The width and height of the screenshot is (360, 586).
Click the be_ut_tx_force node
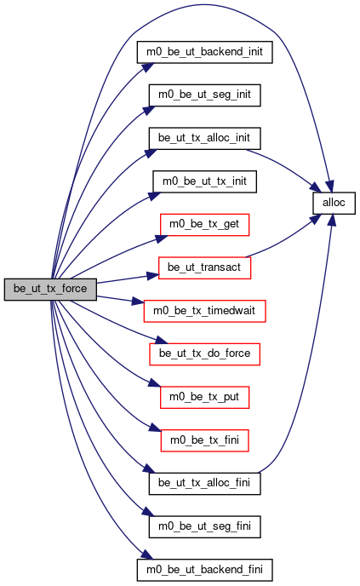50,290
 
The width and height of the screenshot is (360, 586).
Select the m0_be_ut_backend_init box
204,52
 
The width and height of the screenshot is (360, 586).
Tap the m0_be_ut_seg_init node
204,95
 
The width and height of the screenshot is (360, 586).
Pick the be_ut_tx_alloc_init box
204,139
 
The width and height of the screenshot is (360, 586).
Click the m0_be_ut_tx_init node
204,182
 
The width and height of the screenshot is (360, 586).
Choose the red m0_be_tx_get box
204,225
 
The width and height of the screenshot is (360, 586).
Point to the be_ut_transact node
204,268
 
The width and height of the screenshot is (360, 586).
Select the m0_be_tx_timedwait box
204,311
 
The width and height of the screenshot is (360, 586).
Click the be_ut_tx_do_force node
204,354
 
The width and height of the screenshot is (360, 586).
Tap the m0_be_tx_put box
204,398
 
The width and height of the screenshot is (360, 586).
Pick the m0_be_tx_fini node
204,440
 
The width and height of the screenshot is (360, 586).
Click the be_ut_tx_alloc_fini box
204,484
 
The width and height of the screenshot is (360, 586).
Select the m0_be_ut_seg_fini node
204,527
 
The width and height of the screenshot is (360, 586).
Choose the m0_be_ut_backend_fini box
204,571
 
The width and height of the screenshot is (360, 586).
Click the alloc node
334,204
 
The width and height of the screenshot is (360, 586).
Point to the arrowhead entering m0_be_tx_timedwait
137,302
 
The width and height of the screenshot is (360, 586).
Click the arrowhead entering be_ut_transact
152,276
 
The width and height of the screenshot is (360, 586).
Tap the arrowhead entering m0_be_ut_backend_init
147,67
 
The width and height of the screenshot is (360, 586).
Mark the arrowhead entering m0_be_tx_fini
155,428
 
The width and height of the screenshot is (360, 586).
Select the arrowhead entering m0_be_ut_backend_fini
147,554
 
